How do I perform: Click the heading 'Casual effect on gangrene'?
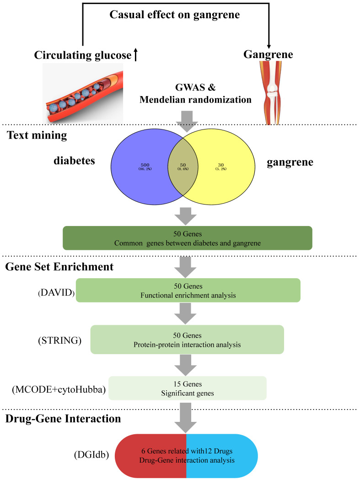pos(174,15)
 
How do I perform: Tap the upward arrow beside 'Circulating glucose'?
pos(135,54)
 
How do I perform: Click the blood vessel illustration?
pos(83,93)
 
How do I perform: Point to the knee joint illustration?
pos(271,93)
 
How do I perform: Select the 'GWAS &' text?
pos(195,87)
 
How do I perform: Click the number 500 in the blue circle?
pos(145,165)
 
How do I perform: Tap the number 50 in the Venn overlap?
pos(183,165)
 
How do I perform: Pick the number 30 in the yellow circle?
pos(221,165)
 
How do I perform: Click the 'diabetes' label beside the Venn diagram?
pos(75,161)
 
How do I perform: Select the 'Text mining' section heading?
pos(37,135)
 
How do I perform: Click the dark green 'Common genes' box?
pos(188,238)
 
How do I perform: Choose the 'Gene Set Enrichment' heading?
pos(59,267)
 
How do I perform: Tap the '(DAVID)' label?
pos(56,293)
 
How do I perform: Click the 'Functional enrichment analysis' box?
pos(188,290)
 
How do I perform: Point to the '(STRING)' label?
pos(59,340)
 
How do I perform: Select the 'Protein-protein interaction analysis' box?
pos(187,340)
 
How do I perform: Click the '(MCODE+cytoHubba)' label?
pos(59,389)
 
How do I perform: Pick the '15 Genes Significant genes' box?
pos(188,388)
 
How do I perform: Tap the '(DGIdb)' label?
pos(91,455)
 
